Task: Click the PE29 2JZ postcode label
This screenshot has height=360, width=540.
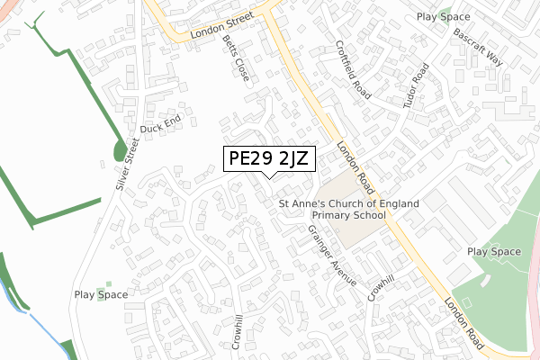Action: [x=269, y=159]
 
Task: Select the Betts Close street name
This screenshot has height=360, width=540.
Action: [x=236, y=58]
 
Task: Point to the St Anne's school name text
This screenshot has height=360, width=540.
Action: [x=348, y=210]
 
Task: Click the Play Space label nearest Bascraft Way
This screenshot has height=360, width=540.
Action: [x=444, y=17]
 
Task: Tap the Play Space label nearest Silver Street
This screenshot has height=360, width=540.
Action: [x=101, y=294]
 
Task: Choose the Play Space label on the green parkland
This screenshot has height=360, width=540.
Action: [x=493, y=252]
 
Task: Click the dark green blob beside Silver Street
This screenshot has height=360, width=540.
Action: [x=120, y=149]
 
